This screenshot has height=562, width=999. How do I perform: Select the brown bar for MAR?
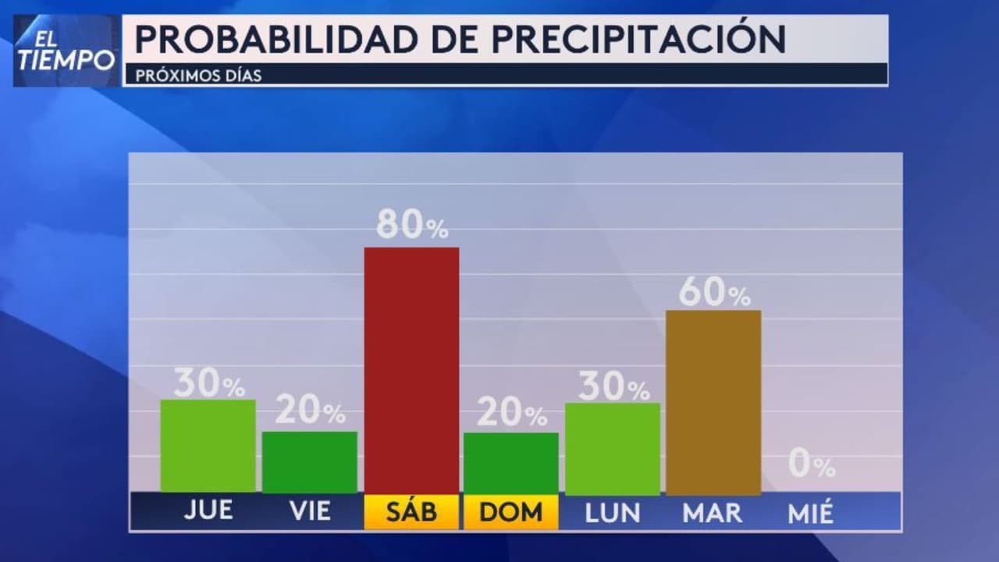click(x=713, y=401)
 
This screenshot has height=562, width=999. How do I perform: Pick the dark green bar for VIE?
click(x=309, y=461)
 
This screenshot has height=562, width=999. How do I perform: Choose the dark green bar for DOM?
click(x=511, y=462)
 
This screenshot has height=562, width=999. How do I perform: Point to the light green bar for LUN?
click(x=612, y=448)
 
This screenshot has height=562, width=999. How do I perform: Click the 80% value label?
click(x=412, y=226)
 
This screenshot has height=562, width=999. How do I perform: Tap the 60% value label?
click(x=714, y=292)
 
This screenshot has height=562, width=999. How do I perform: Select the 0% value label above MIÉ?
click(x=811, y=465)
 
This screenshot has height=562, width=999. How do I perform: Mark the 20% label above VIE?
click(x=310, y=411)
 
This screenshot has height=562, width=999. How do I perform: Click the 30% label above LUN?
click(x=613, y=387)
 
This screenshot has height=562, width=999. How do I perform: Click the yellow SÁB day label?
click(x=411, y=512)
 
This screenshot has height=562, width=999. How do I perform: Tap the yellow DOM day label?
click(x=511, y=512)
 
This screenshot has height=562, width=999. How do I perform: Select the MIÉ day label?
click(x=811, y=513)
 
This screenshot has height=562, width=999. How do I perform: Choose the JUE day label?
click(x=208, y=510)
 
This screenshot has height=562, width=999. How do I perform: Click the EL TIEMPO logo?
click(x=67, y=51)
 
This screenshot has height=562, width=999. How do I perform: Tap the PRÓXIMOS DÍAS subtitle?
click(x=198, y=76)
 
